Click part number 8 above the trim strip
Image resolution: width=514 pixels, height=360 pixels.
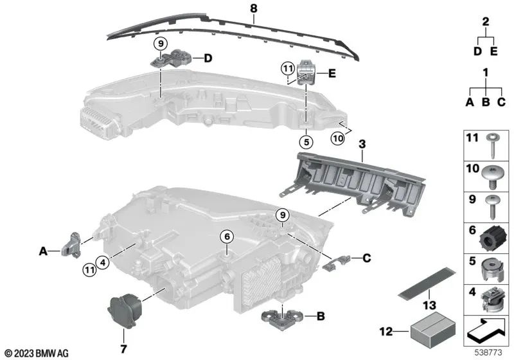[x=254, y=8]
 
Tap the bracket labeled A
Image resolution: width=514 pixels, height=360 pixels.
[x=71, y=245]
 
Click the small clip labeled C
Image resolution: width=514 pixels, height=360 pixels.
[x=337, y=263]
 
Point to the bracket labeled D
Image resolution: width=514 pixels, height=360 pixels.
[x=171, y=58]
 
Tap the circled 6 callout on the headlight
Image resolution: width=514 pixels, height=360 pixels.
[x=227, y=237]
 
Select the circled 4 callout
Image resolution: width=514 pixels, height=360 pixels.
[x=103, y=262]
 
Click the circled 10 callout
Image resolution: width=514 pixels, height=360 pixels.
[x=338, y=138]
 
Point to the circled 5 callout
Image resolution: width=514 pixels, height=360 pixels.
[x=306, y=142]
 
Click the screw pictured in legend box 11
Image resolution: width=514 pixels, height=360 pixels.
[x=492, y=145]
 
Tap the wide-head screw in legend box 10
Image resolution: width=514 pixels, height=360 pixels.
[x=493, y=176]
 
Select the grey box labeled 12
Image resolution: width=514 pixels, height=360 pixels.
[x=432, y=328]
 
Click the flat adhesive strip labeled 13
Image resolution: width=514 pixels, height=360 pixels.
[x=427, y=283]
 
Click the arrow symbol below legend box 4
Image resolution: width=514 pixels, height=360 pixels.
[x=486, y=331]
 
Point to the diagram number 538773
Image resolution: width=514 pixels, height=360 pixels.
[x=488, y=352]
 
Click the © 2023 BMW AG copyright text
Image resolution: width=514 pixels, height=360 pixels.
[x=37, y=353]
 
